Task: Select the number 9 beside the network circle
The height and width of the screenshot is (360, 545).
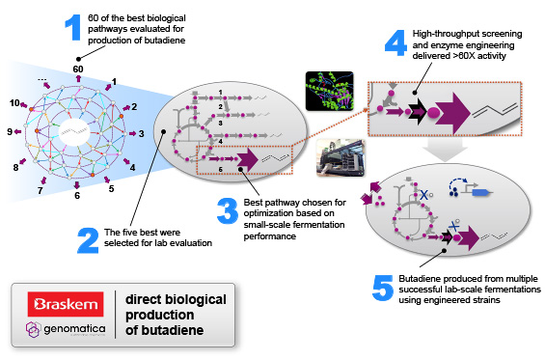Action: (x=10, y=131)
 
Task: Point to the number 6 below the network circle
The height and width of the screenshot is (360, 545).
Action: (x=77, y=195)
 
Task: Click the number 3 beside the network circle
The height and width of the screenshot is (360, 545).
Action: (x=142, y=133)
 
